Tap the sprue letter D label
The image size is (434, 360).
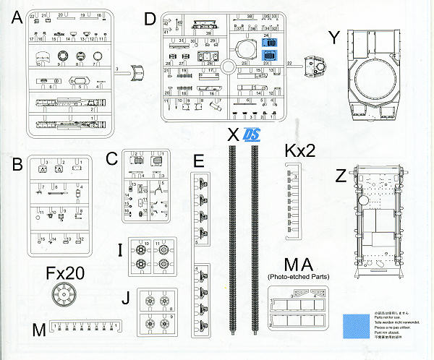pos(150,20)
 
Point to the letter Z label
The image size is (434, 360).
pos(341,176)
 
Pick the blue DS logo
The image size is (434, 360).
pos(252,134)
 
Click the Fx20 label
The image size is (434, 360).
pos(66,273)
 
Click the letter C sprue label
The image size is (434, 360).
pos(111,158)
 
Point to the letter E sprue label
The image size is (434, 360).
pos(199,160)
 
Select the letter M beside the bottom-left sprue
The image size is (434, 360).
pos(40,330)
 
